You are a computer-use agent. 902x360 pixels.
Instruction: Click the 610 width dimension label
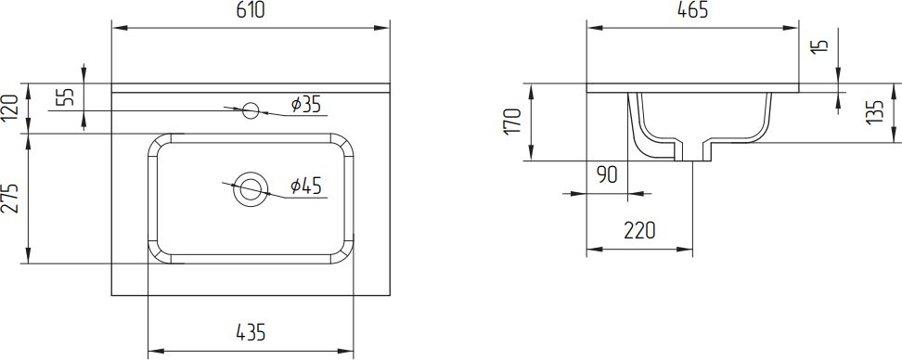[251, 10]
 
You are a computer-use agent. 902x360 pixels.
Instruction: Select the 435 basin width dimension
[251, 333]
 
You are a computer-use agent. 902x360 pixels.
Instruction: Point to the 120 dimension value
[10, 109]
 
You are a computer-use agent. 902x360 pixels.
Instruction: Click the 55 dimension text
[67, 97]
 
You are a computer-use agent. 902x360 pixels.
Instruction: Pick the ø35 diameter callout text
[305, 105]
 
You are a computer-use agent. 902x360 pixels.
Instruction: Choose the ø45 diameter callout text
[305, 186]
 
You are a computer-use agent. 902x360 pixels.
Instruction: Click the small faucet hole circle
[251, 110]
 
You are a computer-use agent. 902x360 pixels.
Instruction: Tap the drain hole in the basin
[251, 188]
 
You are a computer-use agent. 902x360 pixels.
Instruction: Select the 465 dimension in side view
[692, 10]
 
